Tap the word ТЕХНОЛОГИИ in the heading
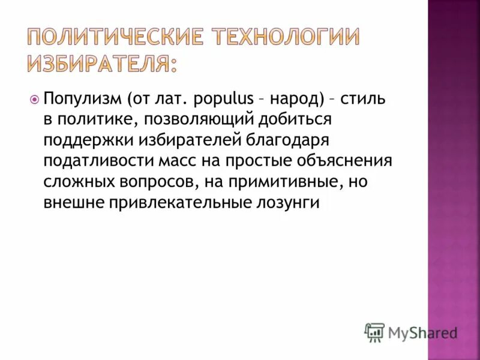281,37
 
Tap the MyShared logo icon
374,332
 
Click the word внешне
72,203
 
